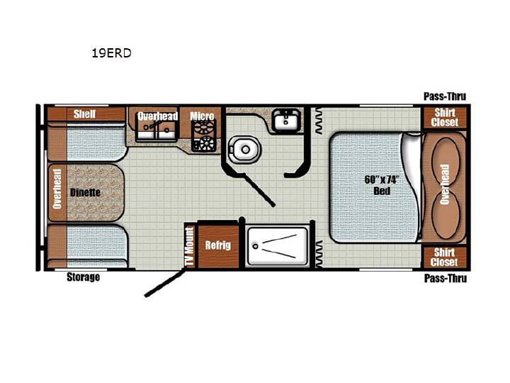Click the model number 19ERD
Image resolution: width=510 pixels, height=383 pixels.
(x=111, y=52)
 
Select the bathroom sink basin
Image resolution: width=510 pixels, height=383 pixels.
(x=286, y=120)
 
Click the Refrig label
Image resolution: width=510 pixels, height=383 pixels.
(x=218, y=245)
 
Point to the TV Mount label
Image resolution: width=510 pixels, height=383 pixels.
(x=189, y=246)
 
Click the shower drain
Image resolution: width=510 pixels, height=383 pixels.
(x=256, y=247)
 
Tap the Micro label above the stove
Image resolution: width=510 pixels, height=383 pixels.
(x=202, y=116)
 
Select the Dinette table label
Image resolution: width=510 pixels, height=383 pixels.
(x=85, y=192)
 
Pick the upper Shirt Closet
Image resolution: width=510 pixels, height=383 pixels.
(x=445, y=117)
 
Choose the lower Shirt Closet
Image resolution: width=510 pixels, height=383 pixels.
(x=445, y=257)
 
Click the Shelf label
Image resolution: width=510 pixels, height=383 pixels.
(x=84, y=114)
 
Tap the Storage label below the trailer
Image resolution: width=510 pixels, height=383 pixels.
(x=84, y=277)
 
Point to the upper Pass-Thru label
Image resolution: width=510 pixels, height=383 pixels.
(x=445, y=96)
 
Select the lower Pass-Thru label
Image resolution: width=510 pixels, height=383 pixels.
(x=446, y=279)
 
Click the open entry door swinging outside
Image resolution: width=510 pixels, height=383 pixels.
(x=166, y=282)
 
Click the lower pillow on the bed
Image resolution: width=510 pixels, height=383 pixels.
(x=446, y=216)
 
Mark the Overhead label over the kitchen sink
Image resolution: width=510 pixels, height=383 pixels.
(x=158, y=116)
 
